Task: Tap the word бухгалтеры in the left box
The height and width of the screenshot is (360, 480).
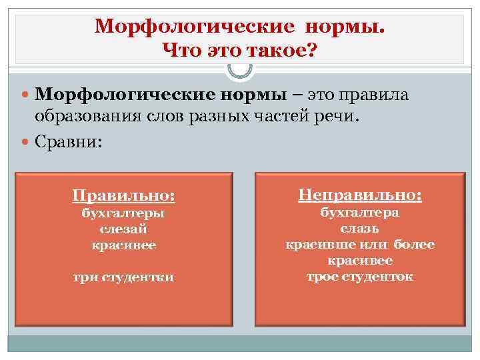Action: click(123, 213)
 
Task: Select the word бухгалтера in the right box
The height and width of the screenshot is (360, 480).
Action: click(360, 213)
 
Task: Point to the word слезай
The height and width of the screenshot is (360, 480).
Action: click(123, 229)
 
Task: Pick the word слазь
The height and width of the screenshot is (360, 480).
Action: click(360, 229)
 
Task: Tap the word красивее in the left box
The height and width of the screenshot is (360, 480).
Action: click(123, 245)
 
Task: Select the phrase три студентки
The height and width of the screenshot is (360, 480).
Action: click(123, 277)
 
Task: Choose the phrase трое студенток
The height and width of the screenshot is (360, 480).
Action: click(360, 276)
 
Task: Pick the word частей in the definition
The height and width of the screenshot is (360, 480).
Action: click(285, 117)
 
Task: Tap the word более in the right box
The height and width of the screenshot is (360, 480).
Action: click(413, 245)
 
